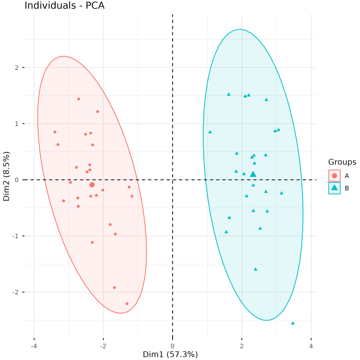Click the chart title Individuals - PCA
click(64, 6)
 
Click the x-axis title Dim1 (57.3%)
click(170, 354)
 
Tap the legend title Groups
click(342, 162)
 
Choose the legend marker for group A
click(334, 175)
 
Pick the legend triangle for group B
click(334, 188)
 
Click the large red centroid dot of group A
click(92, 185)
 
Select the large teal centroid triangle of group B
click(253, 174)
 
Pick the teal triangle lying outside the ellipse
click(293, 323)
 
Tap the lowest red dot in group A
click(127, 304)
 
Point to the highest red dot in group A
click(78, 99)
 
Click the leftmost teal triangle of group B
click(210, 132)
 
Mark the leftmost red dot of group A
click(55, 132)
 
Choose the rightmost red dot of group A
click(132, 196)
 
